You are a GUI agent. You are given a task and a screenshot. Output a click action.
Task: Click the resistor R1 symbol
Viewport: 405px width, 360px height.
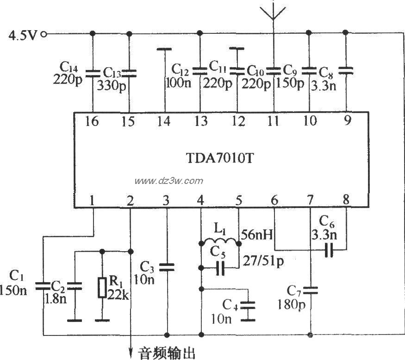coord(102,288)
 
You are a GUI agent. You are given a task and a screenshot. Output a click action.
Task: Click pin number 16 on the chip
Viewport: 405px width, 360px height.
coord(92,121)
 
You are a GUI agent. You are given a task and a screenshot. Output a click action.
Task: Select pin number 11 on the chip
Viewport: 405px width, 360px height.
coord(273,121)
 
